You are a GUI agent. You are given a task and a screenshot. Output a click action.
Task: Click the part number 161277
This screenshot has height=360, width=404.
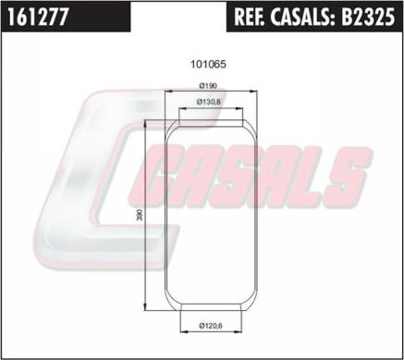click(37, 17)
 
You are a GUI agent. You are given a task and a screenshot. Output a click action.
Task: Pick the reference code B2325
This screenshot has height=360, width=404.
click(367, 17)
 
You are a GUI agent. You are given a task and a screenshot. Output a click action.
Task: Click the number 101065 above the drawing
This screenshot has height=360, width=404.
click(208, 64)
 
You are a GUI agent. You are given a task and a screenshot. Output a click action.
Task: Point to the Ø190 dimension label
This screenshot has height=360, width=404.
click(208, 85)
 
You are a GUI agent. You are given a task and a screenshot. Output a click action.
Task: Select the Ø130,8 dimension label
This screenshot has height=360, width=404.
click(208, 102)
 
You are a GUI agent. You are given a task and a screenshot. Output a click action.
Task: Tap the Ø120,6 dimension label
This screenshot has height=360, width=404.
click(211, 325)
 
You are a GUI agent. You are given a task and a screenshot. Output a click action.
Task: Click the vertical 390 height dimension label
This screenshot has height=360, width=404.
click(140, 215)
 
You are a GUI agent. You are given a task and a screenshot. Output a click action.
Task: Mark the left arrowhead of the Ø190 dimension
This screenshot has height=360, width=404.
click(169, 91)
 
